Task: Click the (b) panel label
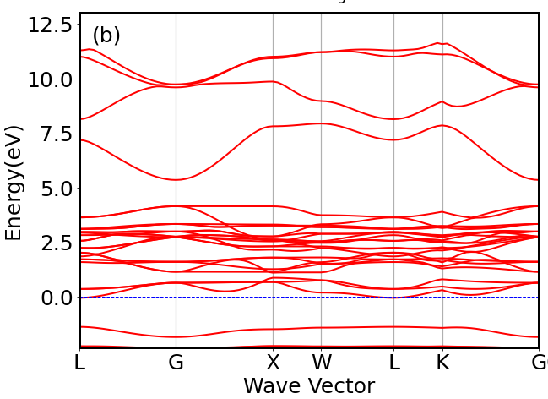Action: click(x=106, y=36)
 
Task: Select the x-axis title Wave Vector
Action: click(x=309, y=386)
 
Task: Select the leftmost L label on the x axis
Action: click(x=80, y=363)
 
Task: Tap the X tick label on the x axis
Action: click(x=273, y=363)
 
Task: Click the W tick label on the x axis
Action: click(x=321, y=363)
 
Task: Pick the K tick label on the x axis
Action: click(x=442, y=363)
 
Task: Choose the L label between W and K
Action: click(x=393, y=363)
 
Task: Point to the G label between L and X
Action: click(x=176, y=363)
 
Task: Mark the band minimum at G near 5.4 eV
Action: click(x=176, y=179)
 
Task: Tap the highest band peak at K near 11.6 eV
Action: click(x=438, y=42)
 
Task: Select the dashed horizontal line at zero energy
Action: click(x=253, y=298)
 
